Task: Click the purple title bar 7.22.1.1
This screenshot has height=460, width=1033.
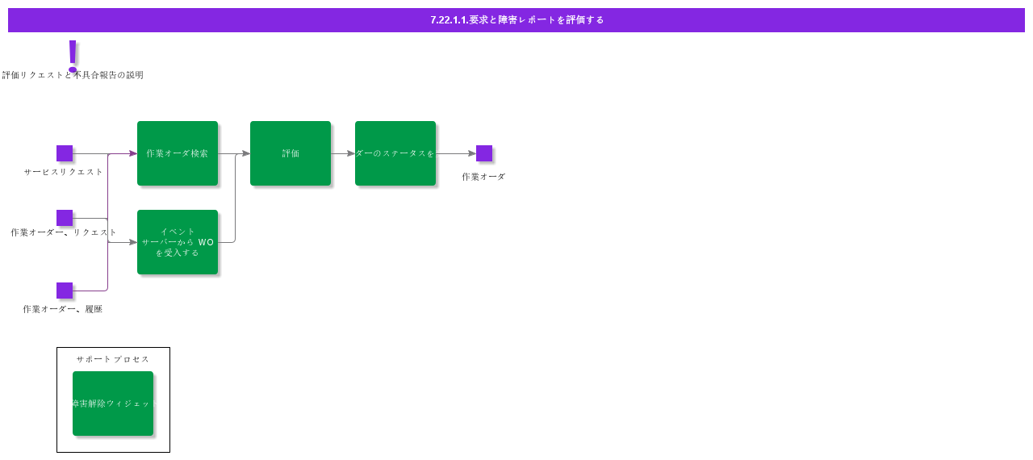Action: (x=516, y=20)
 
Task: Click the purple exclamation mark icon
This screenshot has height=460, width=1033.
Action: (x=73, y=54)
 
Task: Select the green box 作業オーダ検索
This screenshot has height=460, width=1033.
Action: (x=178, y=153)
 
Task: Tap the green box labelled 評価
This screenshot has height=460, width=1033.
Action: (x=291, y=153)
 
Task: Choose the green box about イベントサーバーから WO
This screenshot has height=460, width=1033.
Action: (x=178, y=242)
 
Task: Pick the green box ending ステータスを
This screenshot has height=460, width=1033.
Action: (x=395, y=153)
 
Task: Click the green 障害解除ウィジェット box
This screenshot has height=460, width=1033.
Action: (x=113, y=404)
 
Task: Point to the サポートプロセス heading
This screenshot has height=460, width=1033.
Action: (x=113, y=359)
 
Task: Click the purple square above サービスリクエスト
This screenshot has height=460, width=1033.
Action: (x=65, y=153)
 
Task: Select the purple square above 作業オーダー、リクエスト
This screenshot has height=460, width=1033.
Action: (x=65, y=218)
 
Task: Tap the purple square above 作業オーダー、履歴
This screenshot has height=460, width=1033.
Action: (x=65, y=291)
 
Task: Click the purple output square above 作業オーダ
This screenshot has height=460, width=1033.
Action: (x=484, y=153)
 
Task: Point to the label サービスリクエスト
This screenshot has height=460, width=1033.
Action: (x=64, y=172)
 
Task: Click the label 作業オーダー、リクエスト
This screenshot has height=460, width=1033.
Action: (x=64, y=232)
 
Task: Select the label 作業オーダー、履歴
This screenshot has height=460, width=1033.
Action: (x=63, y=309)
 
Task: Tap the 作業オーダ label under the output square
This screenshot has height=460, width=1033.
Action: (x=483, y=177)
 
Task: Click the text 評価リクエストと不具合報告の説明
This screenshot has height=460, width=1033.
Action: (x=73, y=75)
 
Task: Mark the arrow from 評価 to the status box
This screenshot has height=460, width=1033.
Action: (x=343, y=153)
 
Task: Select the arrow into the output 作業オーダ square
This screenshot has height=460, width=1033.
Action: (x=456, y=153)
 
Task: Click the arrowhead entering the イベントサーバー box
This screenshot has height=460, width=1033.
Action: (x=133, y=242)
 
